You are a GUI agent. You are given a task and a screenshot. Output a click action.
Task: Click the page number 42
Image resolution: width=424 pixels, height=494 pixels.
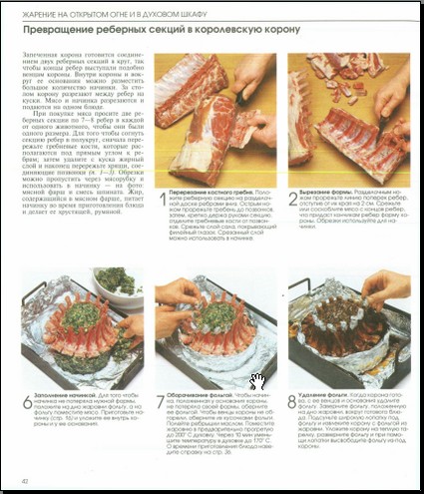point(22,483)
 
